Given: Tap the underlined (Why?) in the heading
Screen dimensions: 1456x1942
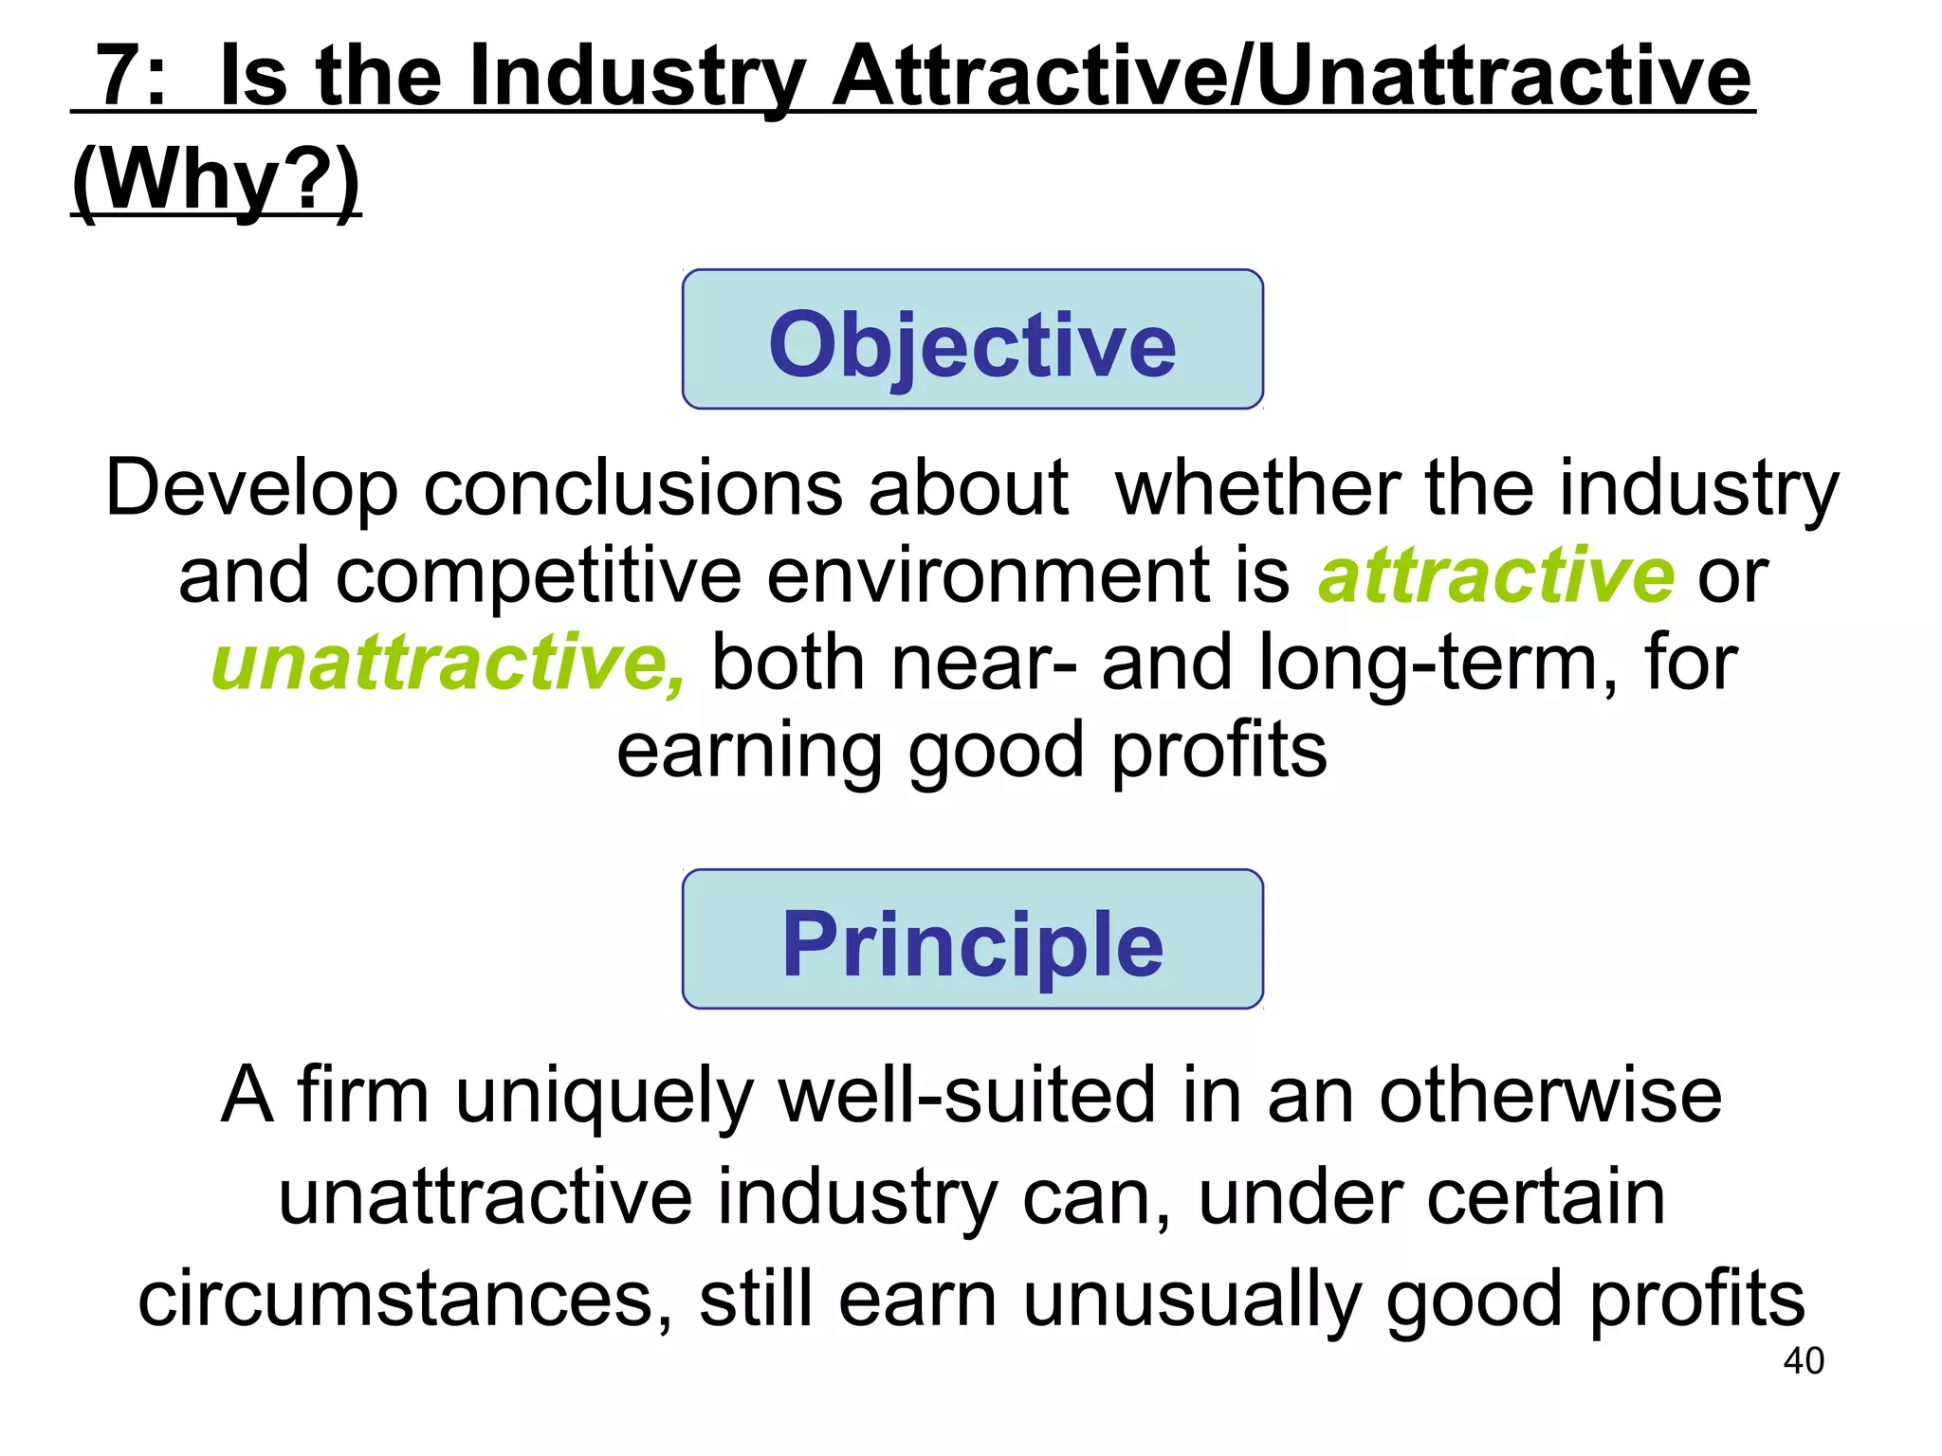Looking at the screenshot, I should coord(216,180).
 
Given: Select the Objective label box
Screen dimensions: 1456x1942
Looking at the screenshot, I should coord(972,340).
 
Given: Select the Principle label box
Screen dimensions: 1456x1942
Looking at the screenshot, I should coord(972,939).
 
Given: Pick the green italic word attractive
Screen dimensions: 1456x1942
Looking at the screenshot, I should coord(1495,576).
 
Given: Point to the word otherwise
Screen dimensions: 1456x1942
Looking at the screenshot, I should coord(1549,1096).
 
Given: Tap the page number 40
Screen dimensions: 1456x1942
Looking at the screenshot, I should coord(1803,1361).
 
